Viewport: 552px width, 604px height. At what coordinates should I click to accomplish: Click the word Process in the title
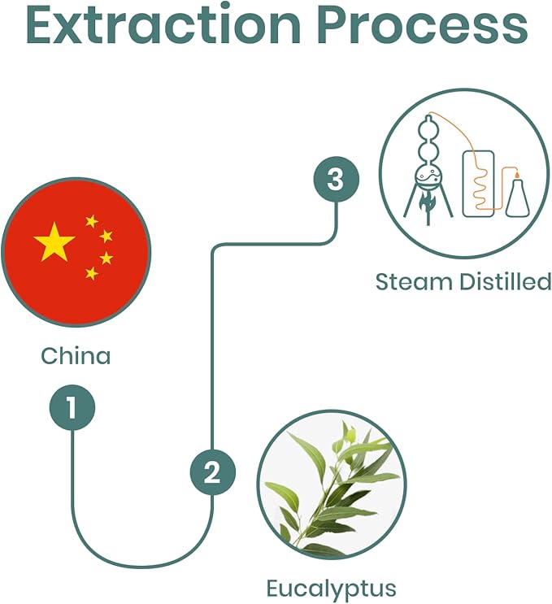point(422,24)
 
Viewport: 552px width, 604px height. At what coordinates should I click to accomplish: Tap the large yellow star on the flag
point(54,242)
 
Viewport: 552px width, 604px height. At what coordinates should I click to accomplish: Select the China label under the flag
point(76,356)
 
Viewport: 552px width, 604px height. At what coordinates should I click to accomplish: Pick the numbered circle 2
point(212,472)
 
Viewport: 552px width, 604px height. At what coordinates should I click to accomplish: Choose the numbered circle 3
point(337,179)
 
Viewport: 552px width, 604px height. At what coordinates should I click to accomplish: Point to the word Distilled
point(505,281)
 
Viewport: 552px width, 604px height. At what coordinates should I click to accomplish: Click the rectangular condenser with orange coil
point(478,184)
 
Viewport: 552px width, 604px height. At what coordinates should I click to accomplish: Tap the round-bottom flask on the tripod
point(428,178)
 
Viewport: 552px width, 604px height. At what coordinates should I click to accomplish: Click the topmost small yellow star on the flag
point(92,221)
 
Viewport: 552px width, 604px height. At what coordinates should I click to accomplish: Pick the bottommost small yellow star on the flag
point(92,273)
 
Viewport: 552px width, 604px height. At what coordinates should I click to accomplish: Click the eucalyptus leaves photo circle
point(331,485)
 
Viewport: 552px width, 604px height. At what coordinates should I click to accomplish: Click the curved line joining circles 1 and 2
point(142,567)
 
